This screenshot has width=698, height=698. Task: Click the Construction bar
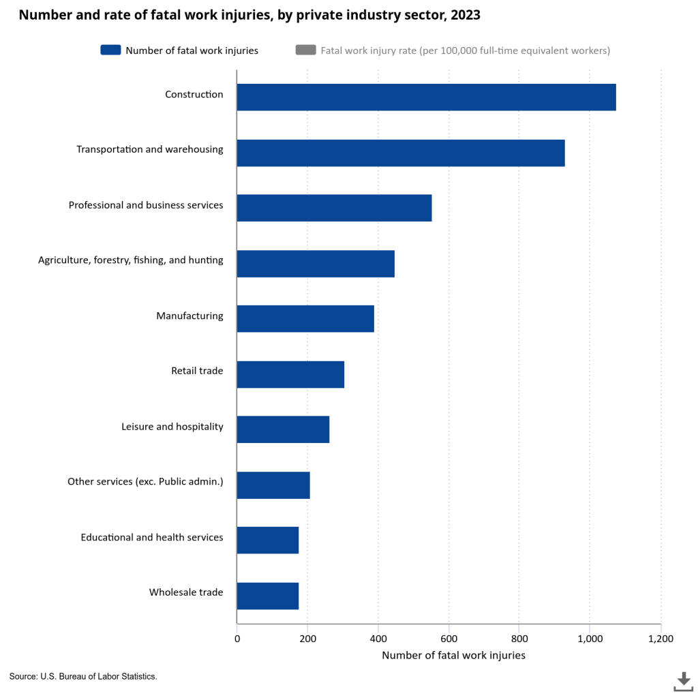[426, 97]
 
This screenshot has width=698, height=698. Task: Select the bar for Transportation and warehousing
[401, 153]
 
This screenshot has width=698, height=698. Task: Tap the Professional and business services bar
[334, 208]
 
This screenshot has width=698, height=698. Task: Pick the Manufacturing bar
[305, 318]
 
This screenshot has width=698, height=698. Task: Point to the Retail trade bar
[290, 374]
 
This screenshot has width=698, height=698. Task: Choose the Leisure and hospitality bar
[283, 429]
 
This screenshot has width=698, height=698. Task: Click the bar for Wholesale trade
[267, 596]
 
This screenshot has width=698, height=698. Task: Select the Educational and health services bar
[267, 540]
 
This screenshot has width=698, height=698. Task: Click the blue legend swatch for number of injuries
[110, 50]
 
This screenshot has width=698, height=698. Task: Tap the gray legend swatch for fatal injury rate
[305, 50]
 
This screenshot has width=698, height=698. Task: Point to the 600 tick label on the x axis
[449, 639]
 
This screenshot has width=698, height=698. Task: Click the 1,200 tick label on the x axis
[660, 639]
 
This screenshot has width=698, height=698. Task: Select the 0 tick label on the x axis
[237, 639]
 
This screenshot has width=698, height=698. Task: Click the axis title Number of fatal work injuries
[453, 656]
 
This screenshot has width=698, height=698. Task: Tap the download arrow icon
[683, 680]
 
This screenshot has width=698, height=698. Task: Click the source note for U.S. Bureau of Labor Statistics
[83, 676]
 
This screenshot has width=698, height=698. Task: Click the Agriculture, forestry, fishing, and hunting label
[130, 260]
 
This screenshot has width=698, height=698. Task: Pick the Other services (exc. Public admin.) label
[145, 482]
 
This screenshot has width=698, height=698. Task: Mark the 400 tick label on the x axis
[378, 639]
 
